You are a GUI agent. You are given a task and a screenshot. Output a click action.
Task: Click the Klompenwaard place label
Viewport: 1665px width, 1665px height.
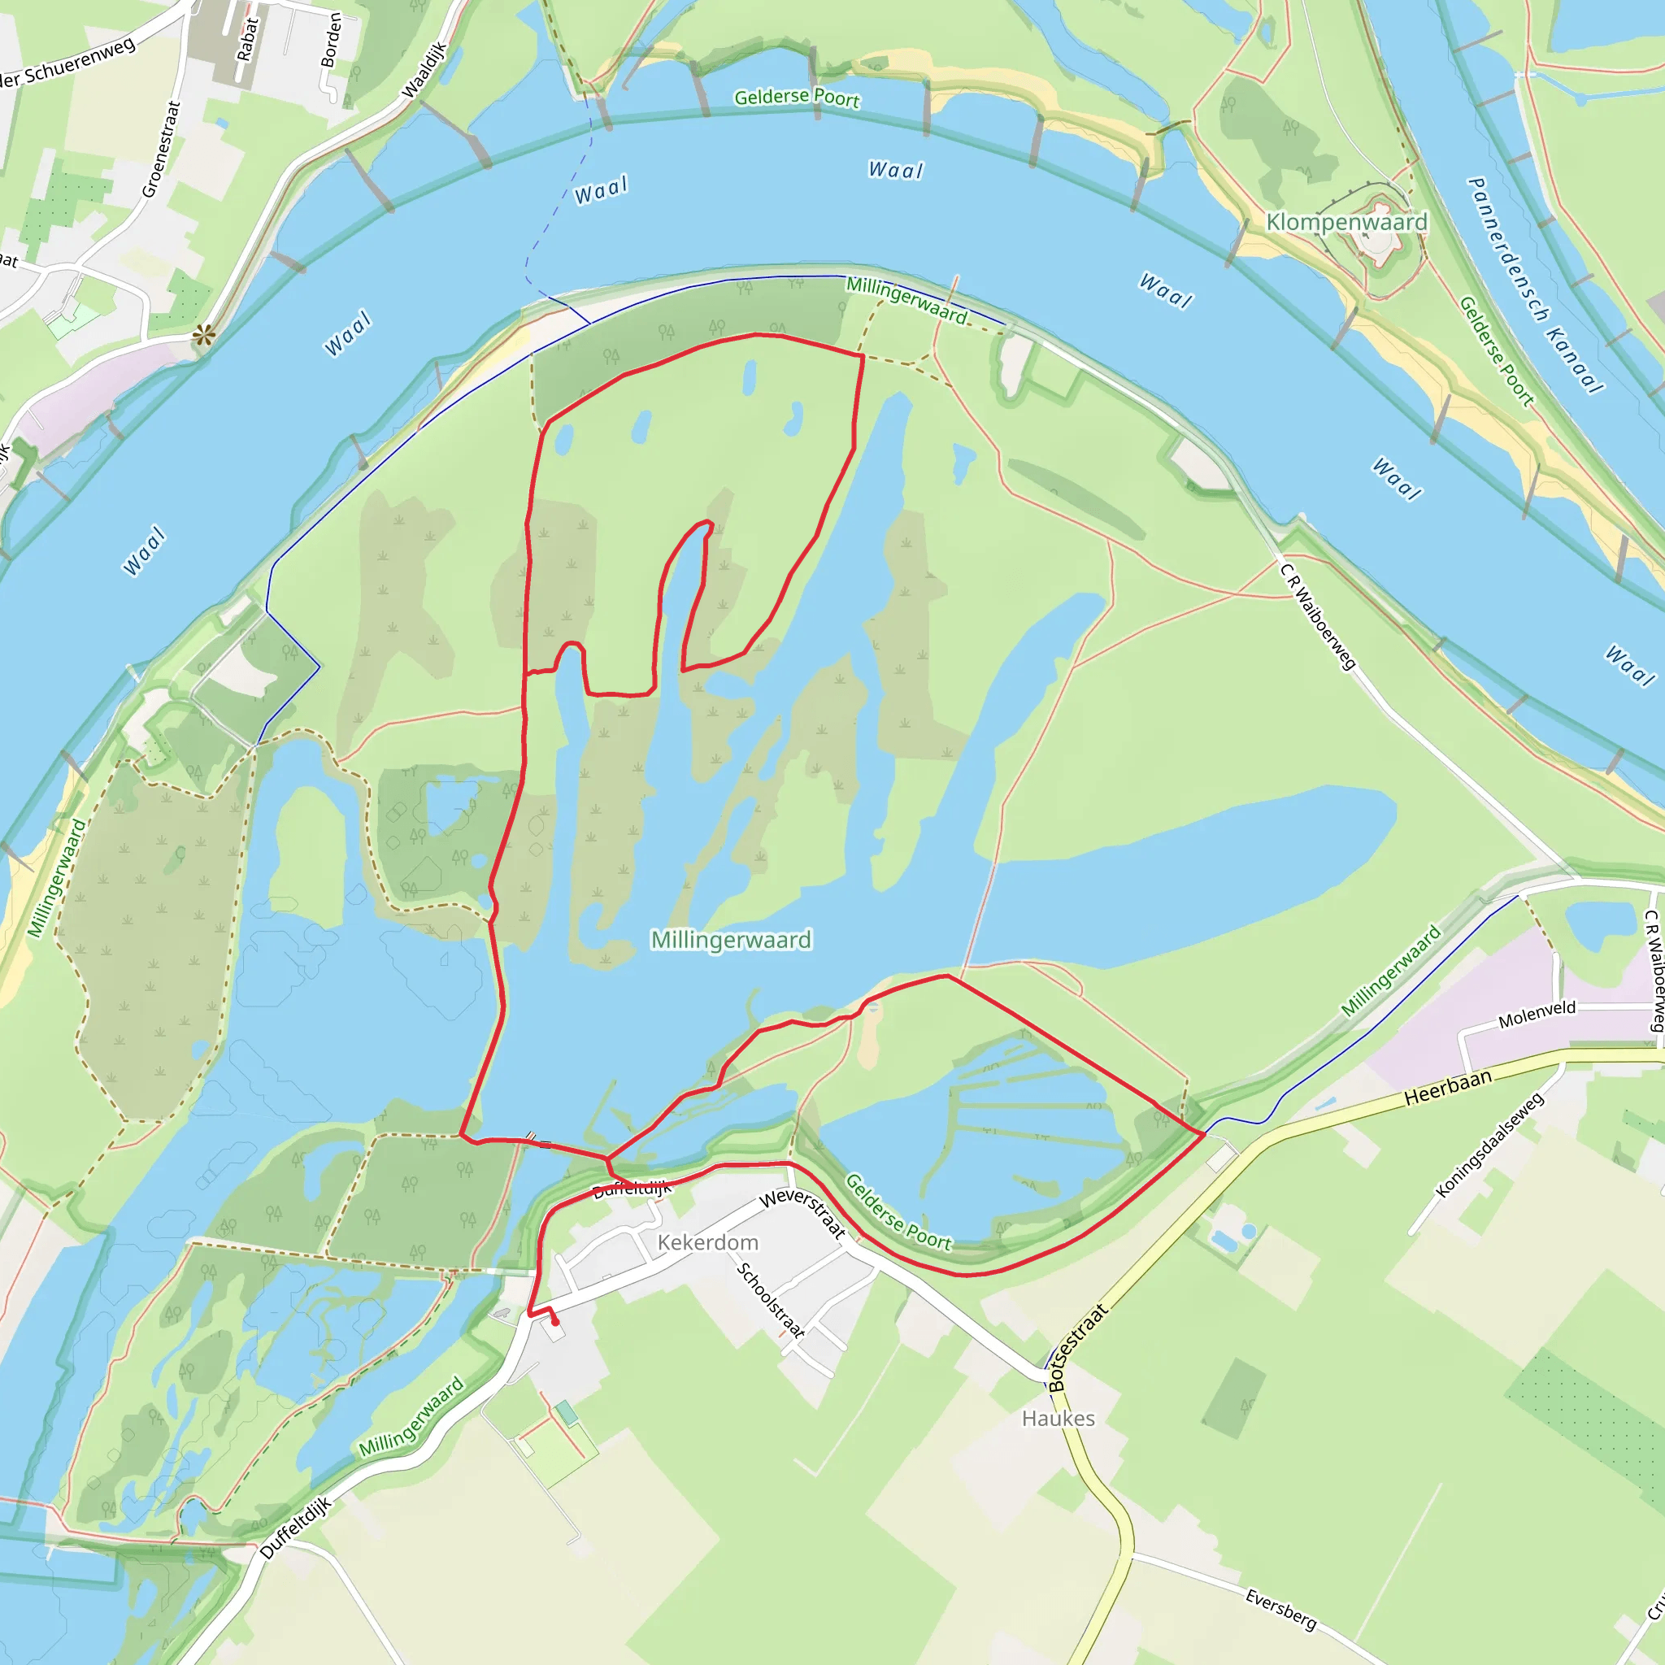(1346, 222)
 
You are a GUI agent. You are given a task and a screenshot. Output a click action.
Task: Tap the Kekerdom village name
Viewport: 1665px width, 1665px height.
(707, 1242)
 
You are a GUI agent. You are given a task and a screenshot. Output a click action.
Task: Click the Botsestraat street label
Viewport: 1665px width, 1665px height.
(1076, 1348)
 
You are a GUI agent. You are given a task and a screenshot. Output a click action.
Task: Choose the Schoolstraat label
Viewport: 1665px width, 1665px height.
(771, 1301)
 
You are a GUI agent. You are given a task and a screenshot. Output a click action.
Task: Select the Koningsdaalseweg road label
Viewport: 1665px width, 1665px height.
(1489, 1146)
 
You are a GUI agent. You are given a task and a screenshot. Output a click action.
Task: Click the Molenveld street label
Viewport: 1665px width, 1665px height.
(1537, 1015)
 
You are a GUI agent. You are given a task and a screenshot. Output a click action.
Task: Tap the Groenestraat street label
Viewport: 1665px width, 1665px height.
(161, 149)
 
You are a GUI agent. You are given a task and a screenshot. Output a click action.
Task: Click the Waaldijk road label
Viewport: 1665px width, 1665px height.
(425, 70)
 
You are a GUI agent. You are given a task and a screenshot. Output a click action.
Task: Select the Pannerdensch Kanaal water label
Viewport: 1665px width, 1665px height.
(1535, 285)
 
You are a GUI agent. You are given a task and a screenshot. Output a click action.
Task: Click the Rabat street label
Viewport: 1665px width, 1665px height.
(247, 40)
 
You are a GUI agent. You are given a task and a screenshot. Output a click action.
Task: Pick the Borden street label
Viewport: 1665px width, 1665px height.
(331, 40)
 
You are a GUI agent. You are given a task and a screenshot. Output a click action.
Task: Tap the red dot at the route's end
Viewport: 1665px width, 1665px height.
(555, 1322)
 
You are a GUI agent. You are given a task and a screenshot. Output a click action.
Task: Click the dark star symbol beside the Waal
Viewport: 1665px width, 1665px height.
(203, 335)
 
